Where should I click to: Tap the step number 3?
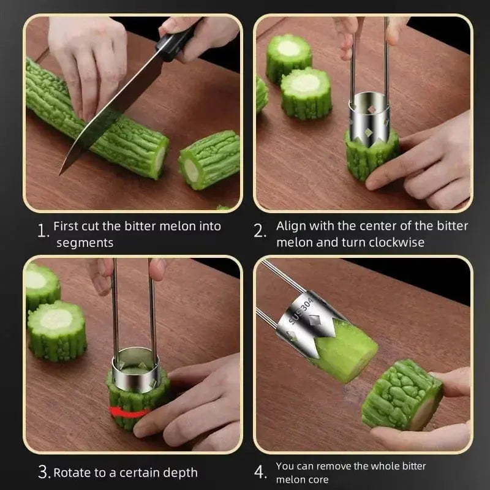(43, 472)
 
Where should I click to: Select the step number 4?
(261, 472)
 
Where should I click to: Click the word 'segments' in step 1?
(85, 243)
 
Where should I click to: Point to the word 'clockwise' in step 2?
(396, 243)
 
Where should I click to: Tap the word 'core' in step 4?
(316, 480)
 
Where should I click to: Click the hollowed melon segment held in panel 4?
(401, 395)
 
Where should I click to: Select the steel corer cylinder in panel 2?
(369, 116)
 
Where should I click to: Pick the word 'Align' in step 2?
(291, 226)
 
